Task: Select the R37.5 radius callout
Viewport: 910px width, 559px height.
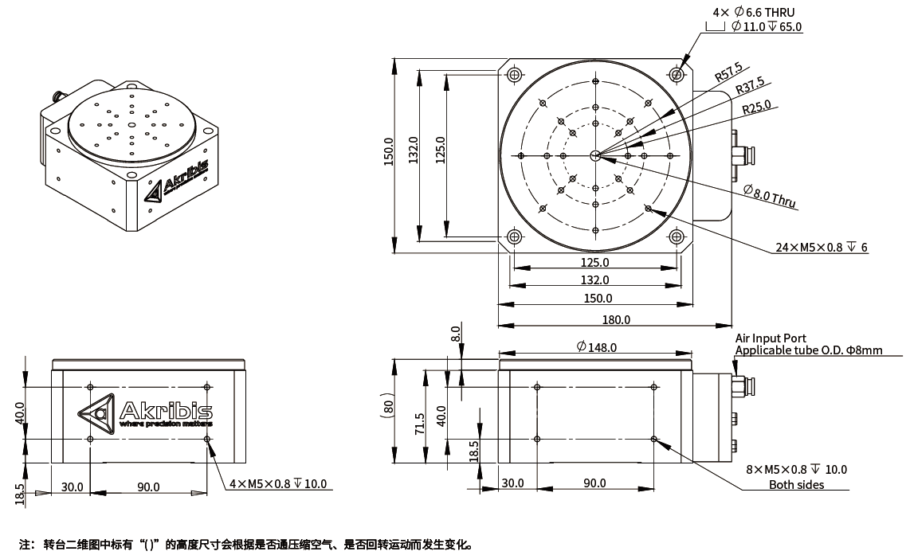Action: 749,85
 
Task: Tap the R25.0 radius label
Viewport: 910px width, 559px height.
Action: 756,106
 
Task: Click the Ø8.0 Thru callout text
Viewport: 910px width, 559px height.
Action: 769,195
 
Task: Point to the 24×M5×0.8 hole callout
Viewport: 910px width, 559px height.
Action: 822,248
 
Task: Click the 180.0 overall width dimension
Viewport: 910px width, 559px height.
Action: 614,319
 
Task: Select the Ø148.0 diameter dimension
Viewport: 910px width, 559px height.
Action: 596,347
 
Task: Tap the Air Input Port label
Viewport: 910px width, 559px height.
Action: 771,338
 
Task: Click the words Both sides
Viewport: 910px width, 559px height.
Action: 796,485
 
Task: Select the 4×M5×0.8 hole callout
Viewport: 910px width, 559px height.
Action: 277,484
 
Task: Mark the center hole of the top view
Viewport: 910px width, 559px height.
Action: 595,155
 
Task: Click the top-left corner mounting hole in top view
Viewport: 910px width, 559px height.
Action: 514,75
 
